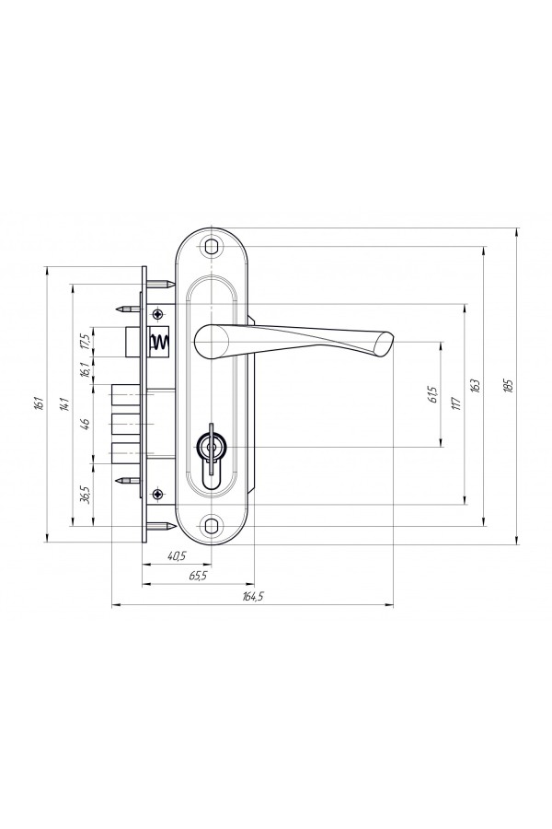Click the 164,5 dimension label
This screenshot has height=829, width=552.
[253, 597]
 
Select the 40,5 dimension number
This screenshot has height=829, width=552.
[177, 555]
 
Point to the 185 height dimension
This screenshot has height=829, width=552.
[508, 385]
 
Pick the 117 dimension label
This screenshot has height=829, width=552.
[456, 403]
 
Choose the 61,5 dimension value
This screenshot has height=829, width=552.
[433, 395]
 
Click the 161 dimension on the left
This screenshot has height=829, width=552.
[38, 404]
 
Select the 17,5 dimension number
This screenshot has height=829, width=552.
[86, 341]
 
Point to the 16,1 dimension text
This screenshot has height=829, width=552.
[86, 370]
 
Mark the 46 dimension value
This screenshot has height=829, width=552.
[86, 423]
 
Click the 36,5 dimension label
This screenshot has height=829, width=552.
[86, 496]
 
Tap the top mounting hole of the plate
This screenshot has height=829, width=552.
[212, 247]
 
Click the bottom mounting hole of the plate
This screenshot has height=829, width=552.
[212, 526]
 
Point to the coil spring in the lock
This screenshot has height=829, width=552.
[160, 344]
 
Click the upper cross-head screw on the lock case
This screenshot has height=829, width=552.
[158, 315]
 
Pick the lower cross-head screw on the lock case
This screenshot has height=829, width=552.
[158, 495]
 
